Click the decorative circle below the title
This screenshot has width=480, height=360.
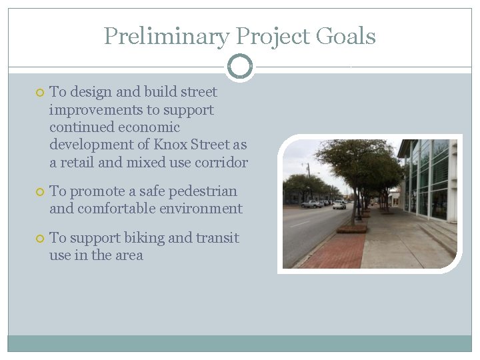point(240,66)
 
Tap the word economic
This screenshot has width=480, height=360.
point(149,127)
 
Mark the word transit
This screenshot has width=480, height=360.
point(217,238)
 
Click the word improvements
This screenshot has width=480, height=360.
point(85,110)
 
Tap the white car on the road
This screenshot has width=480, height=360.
point(339,205)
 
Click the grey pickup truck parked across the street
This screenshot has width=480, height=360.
point(311,204)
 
